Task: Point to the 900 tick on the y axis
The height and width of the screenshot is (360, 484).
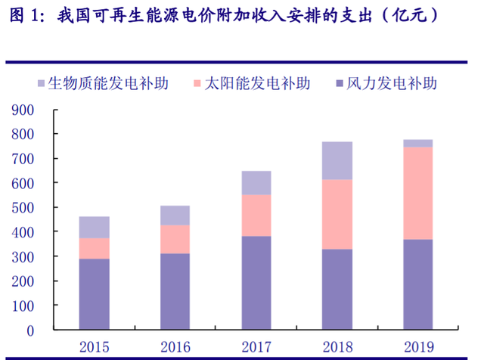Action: (x=23, y=110)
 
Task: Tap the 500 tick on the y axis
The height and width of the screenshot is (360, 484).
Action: (x=23, y=208)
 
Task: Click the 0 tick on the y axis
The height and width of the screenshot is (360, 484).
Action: (x=31, y=331)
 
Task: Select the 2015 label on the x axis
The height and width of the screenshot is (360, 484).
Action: (x=95, y=347)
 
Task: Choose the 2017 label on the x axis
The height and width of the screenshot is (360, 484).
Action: (x=256, y=347)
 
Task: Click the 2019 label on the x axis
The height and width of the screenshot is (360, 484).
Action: (x=417, y=347)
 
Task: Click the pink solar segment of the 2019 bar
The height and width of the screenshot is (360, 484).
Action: (x=417, y=193)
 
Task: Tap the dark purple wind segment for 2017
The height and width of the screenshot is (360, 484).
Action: (x=256, y=283)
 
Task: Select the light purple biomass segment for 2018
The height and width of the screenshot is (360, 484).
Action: (x=337, y=160)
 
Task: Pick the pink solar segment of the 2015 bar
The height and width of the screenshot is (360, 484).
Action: (x=95, y=249)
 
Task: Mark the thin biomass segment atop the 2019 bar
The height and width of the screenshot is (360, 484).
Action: (x=417, y=143)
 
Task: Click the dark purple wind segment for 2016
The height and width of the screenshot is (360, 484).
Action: (x=175, y=292)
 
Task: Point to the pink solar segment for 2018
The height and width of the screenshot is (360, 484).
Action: (x=337, y=214)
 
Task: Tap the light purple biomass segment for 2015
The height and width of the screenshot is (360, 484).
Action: (x=95, y=227)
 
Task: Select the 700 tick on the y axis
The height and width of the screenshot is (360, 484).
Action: (x=23, y=160)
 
